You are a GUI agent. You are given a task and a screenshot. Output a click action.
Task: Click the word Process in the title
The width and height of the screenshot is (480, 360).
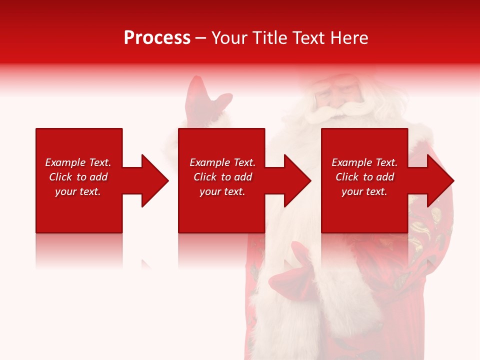[157, 38]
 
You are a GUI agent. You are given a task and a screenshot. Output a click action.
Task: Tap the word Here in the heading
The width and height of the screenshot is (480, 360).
[349, 38]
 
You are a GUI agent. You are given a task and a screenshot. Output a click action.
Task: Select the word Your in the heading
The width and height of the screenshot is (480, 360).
[230, 38]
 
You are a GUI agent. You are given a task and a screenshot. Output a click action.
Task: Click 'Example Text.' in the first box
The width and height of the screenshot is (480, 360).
[78, 162]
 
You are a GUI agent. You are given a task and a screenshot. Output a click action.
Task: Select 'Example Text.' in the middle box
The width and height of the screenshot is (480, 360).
[222, 162]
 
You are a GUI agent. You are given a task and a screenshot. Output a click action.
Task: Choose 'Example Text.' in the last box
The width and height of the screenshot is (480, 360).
[364, 162]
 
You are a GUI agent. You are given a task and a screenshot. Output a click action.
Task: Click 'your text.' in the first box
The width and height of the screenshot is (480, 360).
[78, 191]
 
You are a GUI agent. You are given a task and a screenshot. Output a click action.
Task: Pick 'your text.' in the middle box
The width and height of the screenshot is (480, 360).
[222, 191]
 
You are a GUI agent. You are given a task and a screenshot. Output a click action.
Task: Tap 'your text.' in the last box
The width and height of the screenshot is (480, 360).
[364, 191]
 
